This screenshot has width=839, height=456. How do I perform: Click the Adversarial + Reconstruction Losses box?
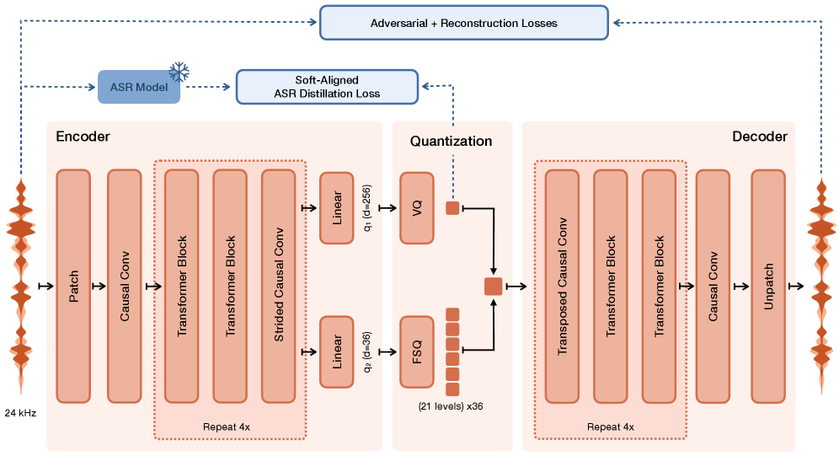pyautogui.click(x=463, y=23)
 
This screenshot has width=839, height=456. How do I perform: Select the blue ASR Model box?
pyautogui.click(x=139, y=87)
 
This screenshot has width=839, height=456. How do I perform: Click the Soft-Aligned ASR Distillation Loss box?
pyautogui.click(x=327, y=87)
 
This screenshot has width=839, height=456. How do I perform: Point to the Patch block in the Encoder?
pyautogui.click(x=72, y=286)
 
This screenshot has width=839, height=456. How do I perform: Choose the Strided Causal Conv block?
pyautogui.click(x=279, y=286)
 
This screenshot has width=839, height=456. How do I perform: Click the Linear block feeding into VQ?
pyautogui.click(x=336, y=207)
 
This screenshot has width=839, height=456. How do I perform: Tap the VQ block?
pyautogui.click(x=416, y=207)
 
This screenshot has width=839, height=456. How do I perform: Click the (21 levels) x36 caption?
pyautogui.click(x=450, y=406)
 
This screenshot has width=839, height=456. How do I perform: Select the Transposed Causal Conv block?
pyautogui.click(x=562, y=286)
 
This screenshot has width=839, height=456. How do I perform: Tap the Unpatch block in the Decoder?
pyautogui.click(x=767, y=286)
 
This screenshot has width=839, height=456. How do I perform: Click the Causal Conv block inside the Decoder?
pyautogui.click(x=713, y=286)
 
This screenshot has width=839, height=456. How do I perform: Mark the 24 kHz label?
pyautogui.click(x=20, y=414)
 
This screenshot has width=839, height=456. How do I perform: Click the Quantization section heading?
pyautogui.click(x=451, y=141)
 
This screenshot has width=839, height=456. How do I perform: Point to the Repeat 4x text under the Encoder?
pyautogui.click(x=227, y=426)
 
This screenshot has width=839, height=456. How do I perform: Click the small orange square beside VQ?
pyautogui.click(x=452, y=207)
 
